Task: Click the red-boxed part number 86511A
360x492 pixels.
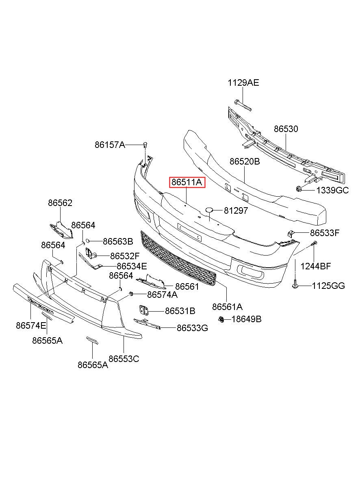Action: [187, 182]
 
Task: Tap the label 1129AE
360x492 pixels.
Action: [243, 83]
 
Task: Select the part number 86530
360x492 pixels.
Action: [286, 129]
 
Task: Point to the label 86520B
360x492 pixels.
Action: [245, 162]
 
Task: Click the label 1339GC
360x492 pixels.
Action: [332, 191]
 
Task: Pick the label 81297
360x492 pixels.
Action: [236, 210]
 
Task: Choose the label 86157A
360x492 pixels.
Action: [110, 145]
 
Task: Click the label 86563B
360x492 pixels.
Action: [118, 241]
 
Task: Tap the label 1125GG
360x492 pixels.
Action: [328, 286]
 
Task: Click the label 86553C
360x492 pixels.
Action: [124, 359]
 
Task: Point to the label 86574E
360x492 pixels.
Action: [31, 326]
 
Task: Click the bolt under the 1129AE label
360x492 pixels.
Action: [243, 105]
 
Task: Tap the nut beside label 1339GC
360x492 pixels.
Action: [299, 189]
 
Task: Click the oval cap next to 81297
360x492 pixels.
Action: [209, 210]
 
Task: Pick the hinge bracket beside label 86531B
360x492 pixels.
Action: [144, 310]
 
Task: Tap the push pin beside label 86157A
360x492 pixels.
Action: [145, 145]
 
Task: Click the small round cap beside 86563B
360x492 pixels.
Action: [87, 241]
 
